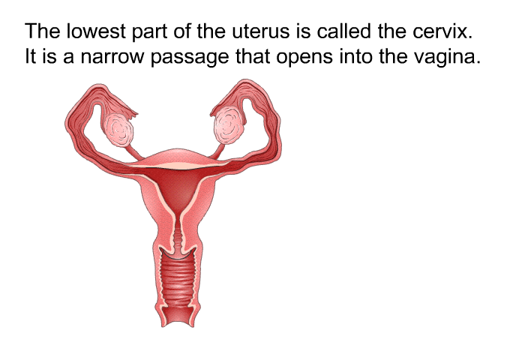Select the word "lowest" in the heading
(x=94, y=33)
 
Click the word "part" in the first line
(x=151, y=33)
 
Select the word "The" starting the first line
(x=43, y=33)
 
